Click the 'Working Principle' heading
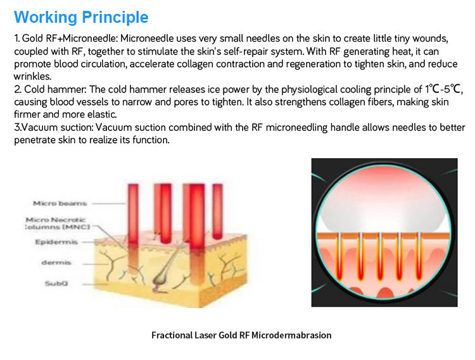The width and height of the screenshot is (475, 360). click(x=81, y=17)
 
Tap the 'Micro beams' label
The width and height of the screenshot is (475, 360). click(x=60, y=203)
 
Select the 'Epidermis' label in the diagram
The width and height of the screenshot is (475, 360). click(x=56, y=242)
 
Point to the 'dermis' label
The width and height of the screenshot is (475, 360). click(x=56, y=263)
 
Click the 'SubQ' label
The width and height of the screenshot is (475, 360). click(x=56, y=283)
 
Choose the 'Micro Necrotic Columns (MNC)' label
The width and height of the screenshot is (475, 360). click(x=58, y=223)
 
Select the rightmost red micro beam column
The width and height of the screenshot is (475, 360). click(x=217, y=211)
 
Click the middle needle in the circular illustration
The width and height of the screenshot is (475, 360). click(x=380, y=256)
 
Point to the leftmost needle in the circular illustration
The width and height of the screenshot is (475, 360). click(x=339, y=256)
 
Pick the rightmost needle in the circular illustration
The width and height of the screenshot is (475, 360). click(x=419, y=256)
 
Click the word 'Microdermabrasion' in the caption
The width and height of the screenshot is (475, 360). click(x=291, y=335)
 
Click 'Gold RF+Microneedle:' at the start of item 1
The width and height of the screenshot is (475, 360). click(x=70, y=39)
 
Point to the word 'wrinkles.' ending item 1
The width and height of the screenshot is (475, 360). click(x=32, y=76)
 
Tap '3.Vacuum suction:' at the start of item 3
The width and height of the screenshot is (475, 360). click(x=54, y=127)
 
